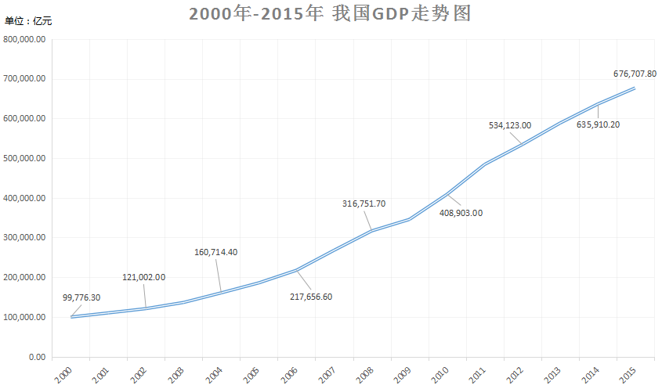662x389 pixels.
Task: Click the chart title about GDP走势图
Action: tap(330, 15)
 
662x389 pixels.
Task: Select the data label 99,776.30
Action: tap(81, 297)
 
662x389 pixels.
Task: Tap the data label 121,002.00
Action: tap(143, 277)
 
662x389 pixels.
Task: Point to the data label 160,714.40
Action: tap(226, 252)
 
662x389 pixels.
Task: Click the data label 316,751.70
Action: tap(364, 204)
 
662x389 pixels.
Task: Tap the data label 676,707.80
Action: tap(635, 74)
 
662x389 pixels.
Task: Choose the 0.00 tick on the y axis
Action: tap(36, 357)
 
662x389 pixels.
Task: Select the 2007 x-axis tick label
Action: tap(327, 373)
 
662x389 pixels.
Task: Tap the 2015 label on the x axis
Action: tap(628, 373)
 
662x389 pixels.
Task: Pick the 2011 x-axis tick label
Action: tap(477, 373)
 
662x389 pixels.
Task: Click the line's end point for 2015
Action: tap(635, 88)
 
